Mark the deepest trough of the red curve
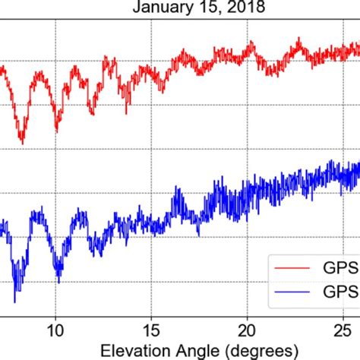click(x=21, y=142)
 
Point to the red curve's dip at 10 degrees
click(x=57, y=130)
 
